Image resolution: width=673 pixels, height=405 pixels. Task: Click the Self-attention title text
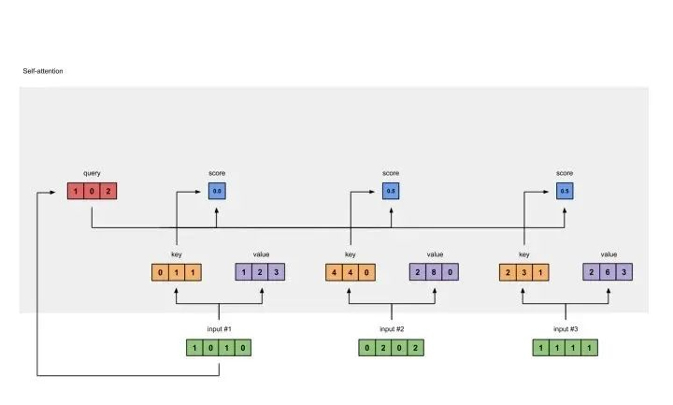(x=43, y=71)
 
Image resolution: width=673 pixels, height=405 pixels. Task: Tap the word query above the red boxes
(x=92, y=173)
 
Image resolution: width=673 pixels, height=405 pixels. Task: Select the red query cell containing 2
(x=108, y=192)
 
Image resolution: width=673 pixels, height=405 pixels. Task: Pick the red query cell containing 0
(x=92, y=192)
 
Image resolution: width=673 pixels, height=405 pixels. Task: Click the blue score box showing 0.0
(x=217, y=192)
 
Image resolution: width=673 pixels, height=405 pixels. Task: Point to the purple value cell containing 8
(x=435, y=273)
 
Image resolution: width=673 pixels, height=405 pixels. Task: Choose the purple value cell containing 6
(x=609, y=273)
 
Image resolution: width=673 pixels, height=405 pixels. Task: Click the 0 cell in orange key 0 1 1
(x=160, y=273)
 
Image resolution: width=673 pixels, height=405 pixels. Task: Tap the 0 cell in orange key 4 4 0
(x=366, y=273)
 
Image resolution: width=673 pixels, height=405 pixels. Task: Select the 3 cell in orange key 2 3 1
(x=523, y=273)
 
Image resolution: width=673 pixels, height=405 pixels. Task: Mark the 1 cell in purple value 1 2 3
(x=244, y=273)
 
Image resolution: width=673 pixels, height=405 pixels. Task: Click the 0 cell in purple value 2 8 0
(x=451, y=273)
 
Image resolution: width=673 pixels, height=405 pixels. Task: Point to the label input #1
(x=219, y=329)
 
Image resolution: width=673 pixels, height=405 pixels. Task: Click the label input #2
(x=392, y=329)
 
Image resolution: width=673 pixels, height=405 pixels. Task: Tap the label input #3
(x=565, y=329)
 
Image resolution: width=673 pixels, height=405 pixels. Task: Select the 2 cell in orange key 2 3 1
(x=508, y=273)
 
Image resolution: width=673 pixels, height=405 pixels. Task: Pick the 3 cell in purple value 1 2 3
(x=277, y=273)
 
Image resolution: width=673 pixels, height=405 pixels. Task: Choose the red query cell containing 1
(x=76, y=192)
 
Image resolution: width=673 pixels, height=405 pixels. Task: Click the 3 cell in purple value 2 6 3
(x=625, y=273)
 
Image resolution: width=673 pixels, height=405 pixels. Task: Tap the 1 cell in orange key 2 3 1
(x=540, y=273)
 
